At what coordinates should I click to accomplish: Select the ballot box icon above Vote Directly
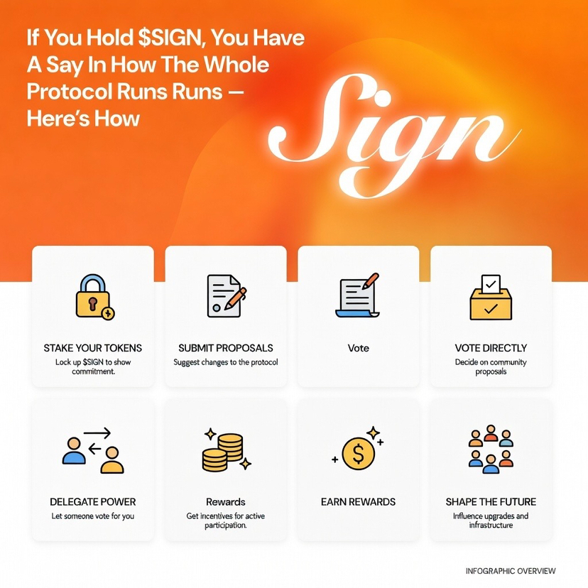[x=491, y=298]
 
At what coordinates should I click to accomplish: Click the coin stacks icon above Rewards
[x=225, y=452]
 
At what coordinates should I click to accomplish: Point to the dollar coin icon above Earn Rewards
[x=358, y=452]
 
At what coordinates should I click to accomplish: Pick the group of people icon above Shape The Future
[x=491, y=450]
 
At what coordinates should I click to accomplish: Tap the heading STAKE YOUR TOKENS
[x=93, y=348]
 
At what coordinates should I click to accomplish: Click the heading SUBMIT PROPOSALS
[x=226, y=348]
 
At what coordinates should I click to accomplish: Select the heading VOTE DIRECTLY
[x=491, y=348]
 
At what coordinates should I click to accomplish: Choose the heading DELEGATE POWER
[x=93, y=502]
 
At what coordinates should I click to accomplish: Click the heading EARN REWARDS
[x=358, y=502]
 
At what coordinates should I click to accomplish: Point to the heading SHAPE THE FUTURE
[x=491, y=502]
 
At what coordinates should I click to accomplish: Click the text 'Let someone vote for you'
[x=93, y=516]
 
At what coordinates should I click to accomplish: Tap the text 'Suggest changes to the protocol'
[x=226, y=362]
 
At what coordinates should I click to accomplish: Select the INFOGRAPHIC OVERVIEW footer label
[x=511, y=571]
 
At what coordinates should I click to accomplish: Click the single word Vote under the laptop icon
[x=358, y=348]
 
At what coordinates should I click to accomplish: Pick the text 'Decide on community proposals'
[x=491, y=366]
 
